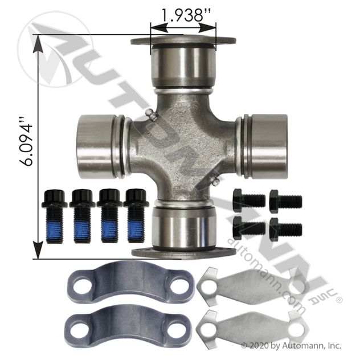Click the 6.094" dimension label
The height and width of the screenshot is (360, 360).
26,142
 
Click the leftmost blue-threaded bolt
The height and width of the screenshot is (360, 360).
54,216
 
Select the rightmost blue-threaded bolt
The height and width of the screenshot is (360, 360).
136,215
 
